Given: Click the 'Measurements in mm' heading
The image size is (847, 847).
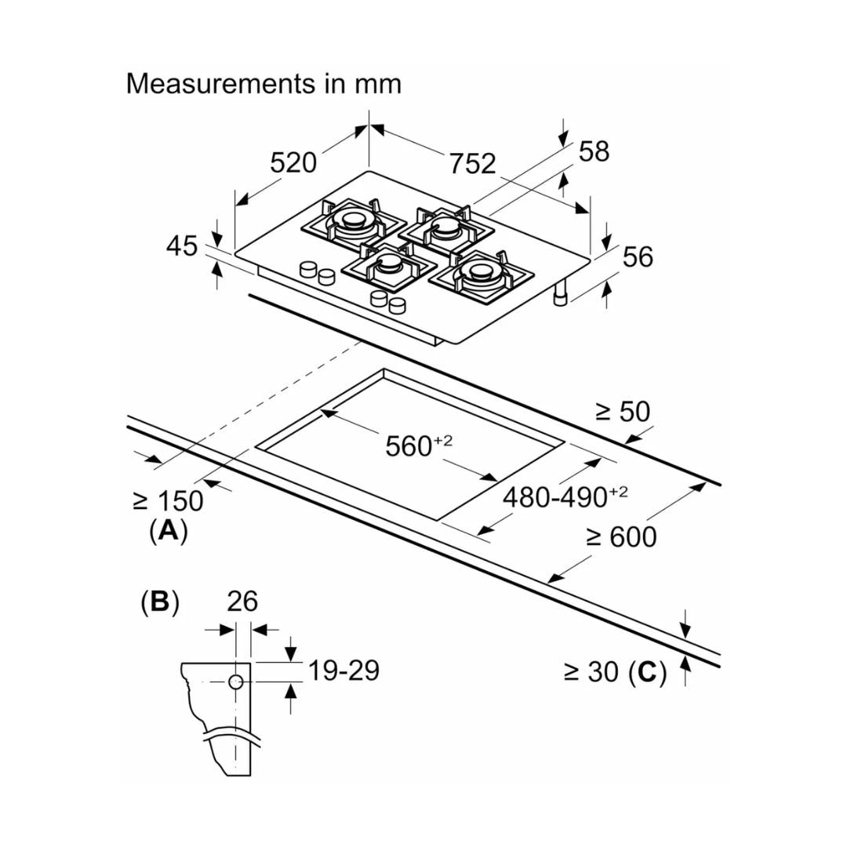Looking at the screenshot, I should (x=264, y=83).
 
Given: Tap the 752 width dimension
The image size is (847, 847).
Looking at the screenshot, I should (x=473, y=163).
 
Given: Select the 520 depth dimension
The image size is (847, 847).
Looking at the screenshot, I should (x=293, y=162).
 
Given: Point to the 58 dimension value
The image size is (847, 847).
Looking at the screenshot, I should (x=594, y=151).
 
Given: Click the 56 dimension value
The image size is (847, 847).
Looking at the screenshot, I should (x=637, y=256).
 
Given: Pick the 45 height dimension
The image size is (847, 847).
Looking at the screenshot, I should (x=182, y=246).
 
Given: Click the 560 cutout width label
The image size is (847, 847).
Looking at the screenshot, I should (x=419, y=446).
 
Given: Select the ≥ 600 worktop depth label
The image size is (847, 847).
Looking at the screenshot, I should (x=621, y=537).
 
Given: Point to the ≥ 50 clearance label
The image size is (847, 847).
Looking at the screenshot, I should (x=622, y=412).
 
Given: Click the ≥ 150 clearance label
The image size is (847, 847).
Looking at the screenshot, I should (x=168, y=500).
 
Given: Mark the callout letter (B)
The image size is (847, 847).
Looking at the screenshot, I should (x=159, y=602).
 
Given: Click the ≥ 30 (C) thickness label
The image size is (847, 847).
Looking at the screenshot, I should (x=615, y=672).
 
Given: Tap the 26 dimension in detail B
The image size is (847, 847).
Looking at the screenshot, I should (x=242, y=602).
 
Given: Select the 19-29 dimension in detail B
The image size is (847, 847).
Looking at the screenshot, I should (x=344, y=671).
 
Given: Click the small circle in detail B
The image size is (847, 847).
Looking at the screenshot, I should (x=235, y=682).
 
